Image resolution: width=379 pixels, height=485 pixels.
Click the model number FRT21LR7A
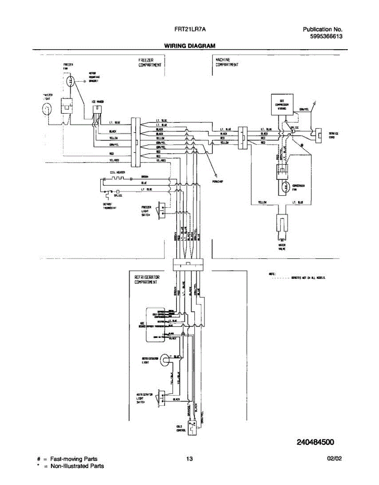click(x=189, y=30)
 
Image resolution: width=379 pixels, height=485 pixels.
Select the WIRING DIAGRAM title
click(x=189, y=46)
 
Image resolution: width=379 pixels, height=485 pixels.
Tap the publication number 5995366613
click(x=326, y=36)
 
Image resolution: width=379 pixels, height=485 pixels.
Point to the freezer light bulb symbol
click(x=48, y=109)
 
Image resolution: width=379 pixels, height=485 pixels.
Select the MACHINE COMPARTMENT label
click(x=227, y=62)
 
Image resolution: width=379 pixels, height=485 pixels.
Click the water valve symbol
click(x=282, y=225)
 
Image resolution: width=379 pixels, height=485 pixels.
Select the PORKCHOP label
click(x=218, y=181)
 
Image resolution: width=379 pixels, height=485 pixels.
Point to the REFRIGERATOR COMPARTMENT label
click(x=147, y=280)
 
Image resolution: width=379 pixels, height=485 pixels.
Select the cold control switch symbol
click(x=195, y=425)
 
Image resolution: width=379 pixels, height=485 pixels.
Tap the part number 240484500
click(x=316, y=442)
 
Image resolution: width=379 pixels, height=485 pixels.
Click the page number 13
click(x=189, y=459)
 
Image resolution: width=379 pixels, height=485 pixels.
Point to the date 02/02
click(x=334, y=459)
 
